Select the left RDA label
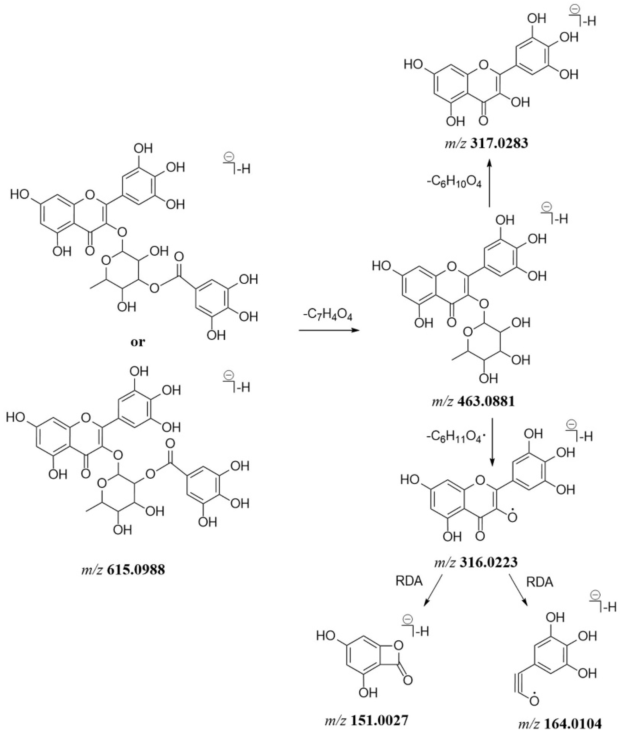(409, 581)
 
